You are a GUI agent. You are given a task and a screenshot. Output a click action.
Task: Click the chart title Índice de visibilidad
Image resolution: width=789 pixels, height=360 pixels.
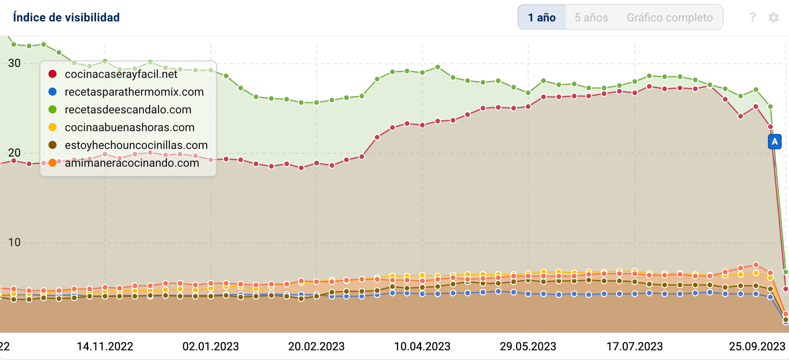[x=66, y=17]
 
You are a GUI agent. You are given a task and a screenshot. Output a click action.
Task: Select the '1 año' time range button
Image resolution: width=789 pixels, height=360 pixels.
[x=541, y=17]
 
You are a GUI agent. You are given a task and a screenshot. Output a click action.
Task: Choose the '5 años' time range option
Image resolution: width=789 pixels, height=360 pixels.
[x=591, y=17]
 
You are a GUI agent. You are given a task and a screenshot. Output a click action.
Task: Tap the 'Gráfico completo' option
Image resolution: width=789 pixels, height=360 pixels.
[x=669, y=17]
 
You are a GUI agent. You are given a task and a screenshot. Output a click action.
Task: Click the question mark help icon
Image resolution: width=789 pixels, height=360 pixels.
[x=752, y=17]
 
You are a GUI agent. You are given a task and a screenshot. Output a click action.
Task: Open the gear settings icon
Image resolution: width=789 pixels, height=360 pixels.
[x=773, y=17]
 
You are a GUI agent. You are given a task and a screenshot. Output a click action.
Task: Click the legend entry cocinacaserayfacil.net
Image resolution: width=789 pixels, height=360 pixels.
[x=121, y=74]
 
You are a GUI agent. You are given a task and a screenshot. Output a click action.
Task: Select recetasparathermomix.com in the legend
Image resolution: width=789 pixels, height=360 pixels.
[x=134, y=92]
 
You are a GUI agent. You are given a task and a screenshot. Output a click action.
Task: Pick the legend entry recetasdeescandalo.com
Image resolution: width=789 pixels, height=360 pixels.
[x=128, y=110]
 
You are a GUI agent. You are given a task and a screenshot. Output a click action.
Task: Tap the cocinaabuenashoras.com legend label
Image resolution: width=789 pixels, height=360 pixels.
[x=130, y=128]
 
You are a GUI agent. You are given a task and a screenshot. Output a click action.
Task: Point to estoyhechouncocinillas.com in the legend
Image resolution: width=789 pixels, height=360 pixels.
[x=136, y=145]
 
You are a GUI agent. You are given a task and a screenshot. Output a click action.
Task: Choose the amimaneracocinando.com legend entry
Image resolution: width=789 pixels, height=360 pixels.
[x=132, y=163]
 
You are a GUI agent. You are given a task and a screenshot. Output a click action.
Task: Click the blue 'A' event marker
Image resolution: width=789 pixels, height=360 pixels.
[x=774, y=142]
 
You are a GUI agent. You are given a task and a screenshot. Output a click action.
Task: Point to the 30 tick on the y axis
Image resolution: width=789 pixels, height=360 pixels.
[x=14, y=63]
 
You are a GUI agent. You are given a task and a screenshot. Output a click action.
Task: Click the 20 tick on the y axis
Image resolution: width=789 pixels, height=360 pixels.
[x=14, y=153]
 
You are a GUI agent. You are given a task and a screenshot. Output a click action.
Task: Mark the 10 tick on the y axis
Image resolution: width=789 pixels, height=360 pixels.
[x=14, y=243]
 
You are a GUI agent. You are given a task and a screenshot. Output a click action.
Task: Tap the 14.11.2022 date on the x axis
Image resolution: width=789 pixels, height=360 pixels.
[x=105, y=346]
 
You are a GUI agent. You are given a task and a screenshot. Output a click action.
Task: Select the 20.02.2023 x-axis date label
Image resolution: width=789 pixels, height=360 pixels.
[x=316, y=346]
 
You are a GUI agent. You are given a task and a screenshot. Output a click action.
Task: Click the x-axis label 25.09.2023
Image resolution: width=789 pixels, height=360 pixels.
[x=757, y=346]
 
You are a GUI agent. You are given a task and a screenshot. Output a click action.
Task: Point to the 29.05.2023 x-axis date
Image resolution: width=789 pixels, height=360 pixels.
[x=528, y=346]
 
